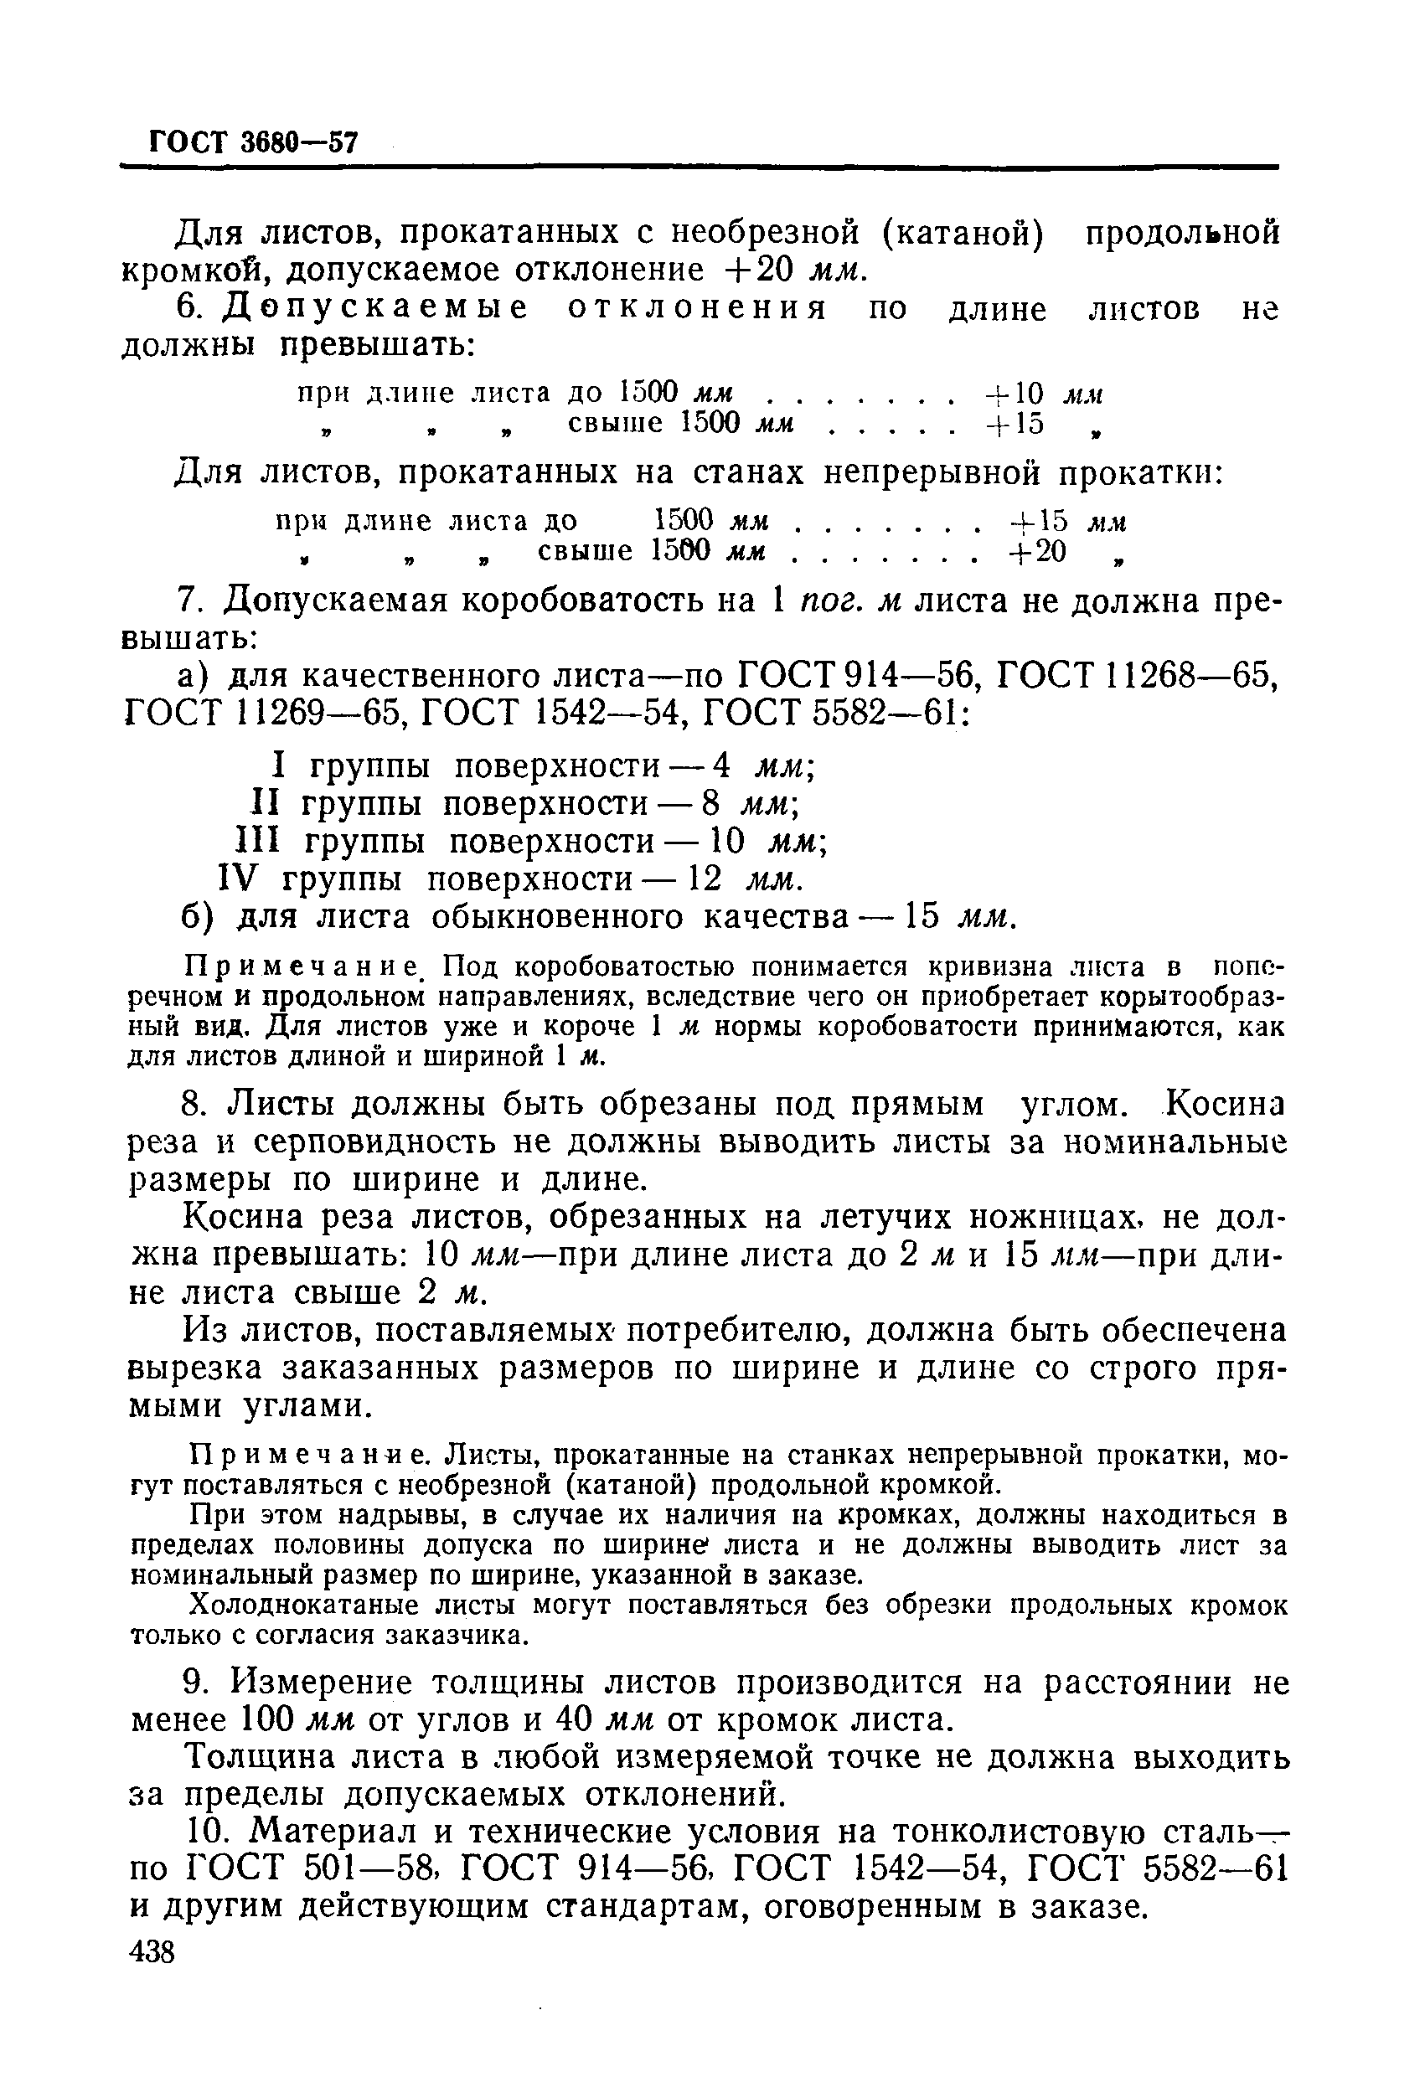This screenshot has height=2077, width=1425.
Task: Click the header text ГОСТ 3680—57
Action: [253, 142]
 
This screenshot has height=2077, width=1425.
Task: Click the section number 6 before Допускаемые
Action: [190, 308]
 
